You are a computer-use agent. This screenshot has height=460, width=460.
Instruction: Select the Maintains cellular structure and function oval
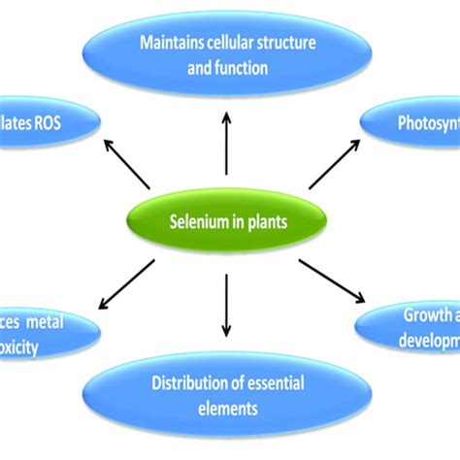(229, 55)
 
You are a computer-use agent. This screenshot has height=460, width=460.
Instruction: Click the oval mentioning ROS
(44, 122)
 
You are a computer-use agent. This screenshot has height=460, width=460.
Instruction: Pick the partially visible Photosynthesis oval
(412, 124)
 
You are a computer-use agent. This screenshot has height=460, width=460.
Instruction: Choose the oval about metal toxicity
(44, 332)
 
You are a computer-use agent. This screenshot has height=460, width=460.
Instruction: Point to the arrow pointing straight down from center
(226, 302)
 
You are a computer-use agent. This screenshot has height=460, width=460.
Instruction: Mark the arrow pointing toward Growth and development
(335, 281)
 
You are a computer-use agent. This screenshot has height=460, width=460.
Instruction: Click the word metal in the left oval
(71, 320)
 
